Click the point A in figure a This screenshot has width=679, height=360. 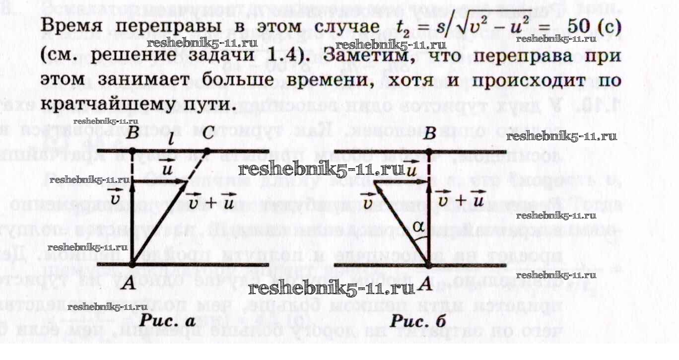pos(132,265)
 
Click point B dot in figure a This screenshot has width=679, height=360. pos(132,150)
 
